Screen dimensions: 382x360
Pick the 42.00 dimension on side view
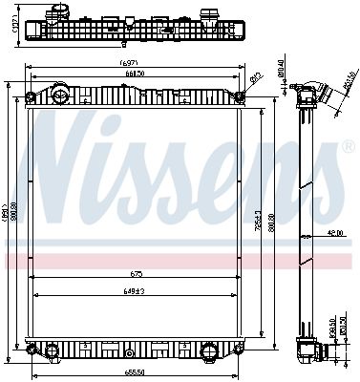pyautogui.click(x=333, y=233)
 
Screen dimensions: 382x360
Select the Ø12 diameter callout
pyautogui.click(x=256, y=78)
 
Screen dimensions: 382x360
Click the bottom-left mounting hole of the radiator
pyautogui.click(x=32, y=350)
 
